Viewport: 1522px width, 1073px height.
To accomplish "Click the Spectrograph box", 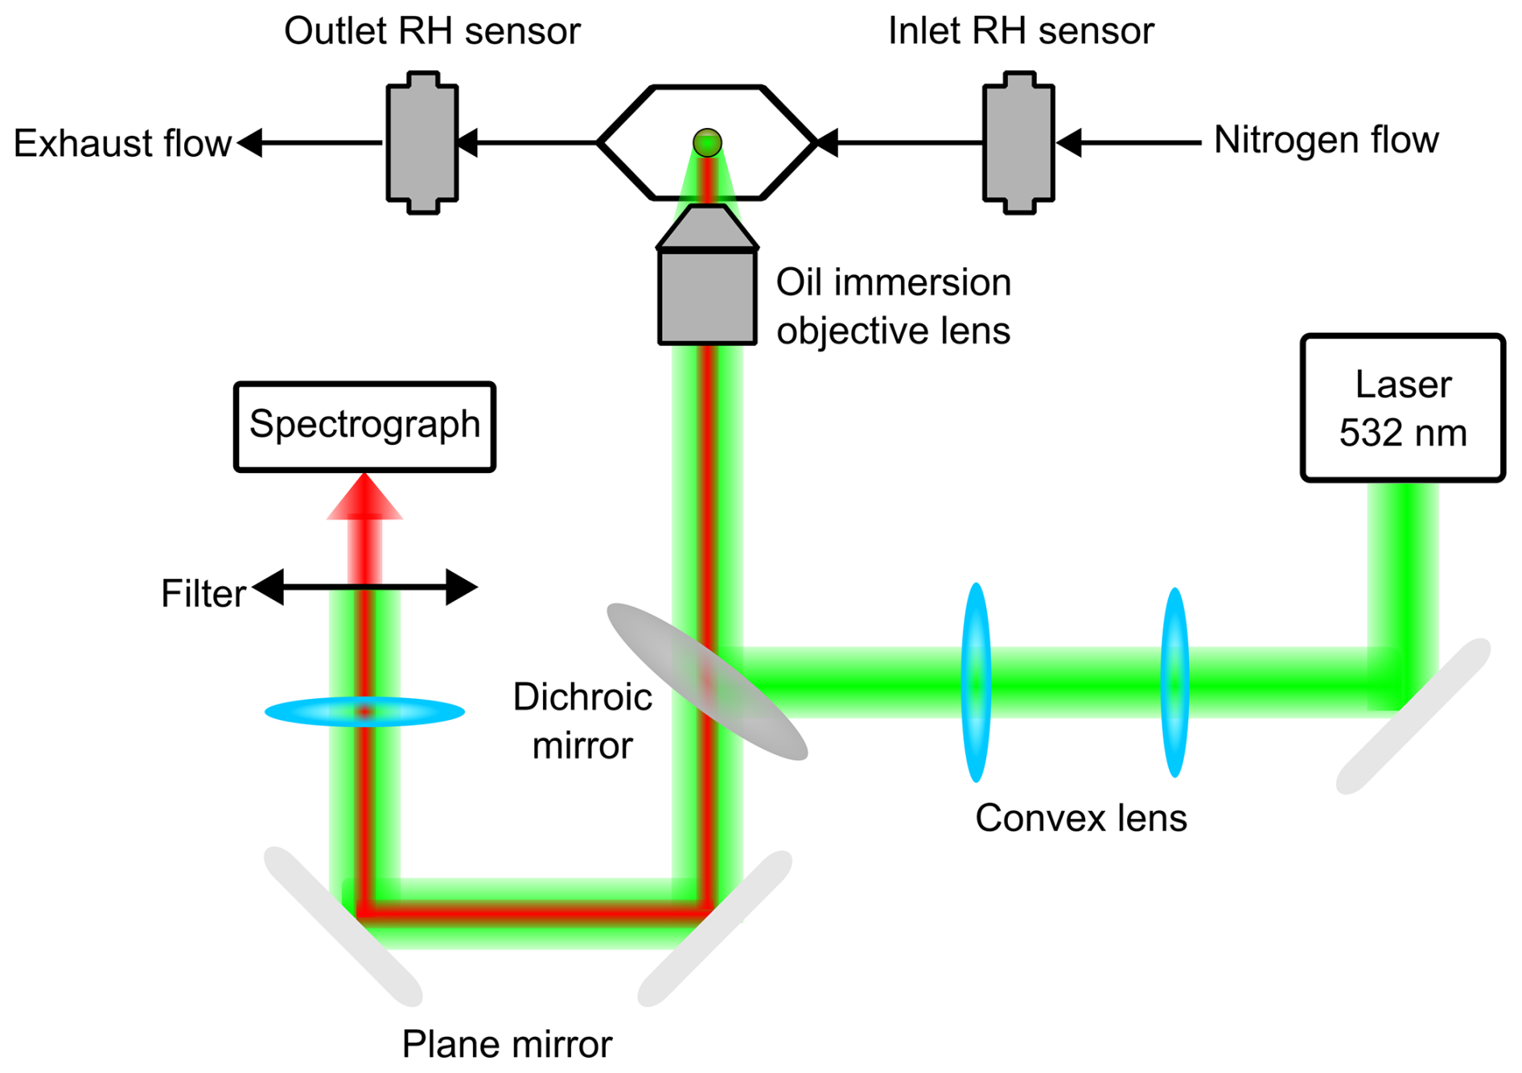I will pyautogui.click(x=364, y=425).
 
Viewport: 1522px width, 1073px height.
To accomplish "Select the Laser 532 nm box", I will pyautogui.click(x=1402, y=408).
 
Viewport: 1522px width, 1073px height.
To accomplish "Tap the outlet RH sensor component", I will pyautogui.click(x=422, y=142).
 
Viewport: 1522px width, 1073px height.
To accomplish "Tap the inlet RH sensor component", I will pyautogui.click(x=1018, y=142).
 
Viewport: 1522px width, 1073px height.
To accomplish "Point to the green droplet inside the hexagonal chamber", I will pyautogui.click(x=707, y=142).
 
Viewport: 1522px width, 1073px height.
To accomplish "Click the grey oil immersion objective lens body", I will pyautogui.click(x=707, y=296).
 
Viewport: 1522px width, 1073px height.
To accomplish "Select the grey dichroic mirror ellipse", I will pyautogui.click(x=706, y=681).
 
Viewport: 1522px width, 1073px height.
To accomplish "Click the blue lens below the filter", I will pyautogui.click(x=364, y=712).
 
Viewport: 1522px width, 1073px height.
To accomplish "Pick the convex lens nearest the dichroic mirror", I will pyautogui.click(x=976, y=682).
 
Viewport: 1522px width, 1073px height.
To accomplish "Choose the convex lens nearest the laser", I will pyautogui.click(x=1174, y=682).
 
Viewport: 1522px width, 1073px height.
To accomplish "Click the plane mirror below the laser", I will pyautogui.click(x=1413, y=716).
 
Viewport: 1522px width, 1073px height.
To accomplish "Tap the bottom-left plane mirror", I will pyautogui.click(x=343, y=925).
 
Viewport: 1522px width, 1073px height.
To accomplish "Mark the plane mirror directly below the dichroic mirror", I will pyautogui.click(x=714, y=928).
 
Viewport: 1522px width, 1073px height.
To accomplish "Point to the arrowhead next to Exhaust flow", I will pyautogui.click(x=250, y=142).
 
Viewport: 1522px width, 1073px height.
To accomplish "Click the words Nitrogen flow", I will pyautogui.click(x=1325, y=140).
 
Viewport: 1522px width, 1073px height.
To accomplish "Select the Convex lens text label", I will pyautogui.click(x=1080, y=818).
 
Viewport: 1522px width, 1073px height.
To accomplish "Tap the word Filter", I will pyautogui.click(x=203, y=594).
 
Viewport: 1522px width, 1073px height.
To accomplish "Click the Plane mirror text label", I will pyautogui.click(x=506, y=1044).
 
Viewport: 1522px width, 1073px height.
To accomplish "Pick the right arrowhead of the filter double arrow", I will pyautogui.click(x=462, y=587).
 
